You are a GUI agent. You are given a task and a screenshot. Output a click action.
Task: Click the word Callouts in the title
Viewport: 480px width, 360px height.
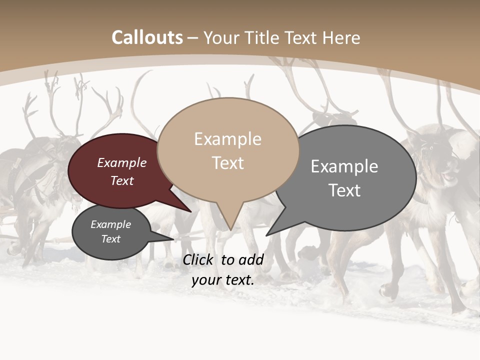coord(147,38)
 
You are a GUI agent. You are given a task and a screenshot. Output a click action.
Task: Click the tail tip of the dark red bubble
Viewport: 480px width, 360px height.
coord(191,211)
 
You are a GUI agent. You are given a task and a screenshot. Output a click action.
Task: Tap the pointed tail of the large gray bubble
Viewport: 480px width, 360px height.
coord(266,235)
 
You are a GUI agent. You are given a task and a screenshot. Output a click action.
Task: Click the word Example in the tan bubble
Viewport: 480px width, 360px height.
coord(228,139)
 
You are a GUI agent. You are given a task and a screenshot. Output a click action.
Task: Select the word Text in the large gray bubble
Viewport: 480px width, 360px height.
coord(344,190)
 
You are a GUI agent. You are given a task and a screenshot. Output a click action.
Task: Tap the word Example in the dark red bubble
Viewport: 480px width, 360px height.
coord(122,163)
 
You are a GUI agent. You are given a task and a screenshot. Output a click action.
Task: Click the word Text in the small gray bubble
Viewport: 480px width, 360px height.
coord(111,239)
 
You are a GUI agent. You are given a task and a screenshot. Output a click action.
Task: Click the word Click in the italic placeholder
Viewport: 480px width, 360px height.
coord(198,259)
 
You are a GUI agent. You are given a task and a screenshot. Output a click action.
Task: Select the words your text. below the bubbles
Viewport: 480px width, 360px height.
coord(223,280)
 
